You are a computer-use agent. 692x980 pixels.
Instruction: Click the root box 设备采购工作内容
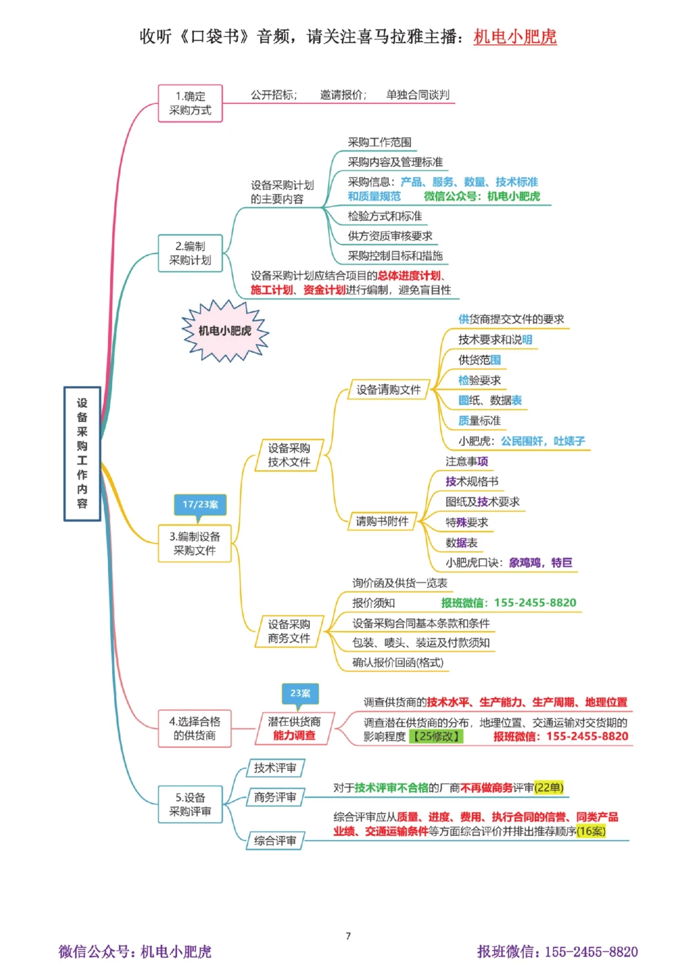point(82,454)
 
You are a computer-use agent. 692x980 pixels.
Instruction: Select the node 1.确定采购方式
point(190,103)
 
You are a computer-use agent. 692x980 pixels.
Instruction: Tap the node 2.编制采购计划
point(190,253)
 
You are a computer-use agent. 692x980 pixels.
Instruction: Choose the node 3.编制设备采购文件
point(194,544)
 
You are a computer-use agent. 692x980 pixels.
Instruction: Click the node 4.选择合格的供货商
point(194,729)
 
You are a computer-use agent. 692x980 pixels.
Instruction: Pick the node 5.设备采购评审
point(190,805)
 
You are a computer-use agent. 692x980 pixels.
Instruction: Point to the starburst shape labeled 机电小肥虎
point(225,331)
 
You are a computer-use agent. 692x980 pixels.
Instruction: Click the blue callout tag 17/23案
point(200,505)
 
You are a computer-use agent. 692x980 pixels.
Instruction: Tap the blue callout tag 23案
point(300,693)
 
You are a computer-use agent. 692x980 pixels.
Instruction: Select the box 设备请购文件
point(388,390)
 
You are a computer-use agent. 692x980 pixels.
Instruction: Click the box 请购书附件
point(382,522)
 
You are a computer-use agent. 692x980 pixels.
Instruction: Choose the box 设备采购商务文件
point(289,632)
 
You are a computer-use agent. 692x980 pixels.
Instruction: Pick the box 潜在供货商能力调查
point(294,729)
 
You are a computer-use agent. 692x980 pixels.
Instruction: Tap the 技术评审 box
point(275,768)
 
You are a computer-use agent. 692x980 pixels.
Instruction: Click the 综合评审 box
point(275,841)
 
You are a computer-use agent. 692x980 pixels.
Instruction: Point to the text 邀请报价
point(342,95)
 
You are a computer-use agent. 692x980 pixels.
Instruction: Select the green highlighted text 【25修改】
point(436,736)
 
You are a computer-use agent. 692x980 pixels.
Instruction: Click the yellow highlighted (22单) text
point(549,787)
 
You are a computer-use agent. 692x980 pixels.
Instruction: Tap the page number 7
point(348,936)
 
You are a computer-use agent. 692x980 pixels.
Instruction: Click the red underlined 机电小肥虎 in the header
point(515,37)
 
